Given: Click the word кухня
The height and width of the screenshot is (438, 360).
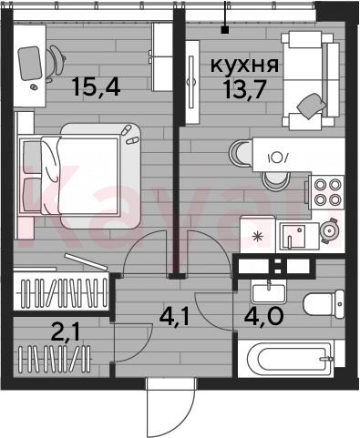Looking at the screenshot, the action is [x=244, y=65].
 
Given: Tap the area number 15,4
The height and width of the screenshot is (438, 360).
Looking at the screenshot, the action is [x=96, y=87].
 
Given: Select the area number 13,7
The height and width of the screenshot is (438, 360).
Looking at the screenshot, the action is [x=244, y=90].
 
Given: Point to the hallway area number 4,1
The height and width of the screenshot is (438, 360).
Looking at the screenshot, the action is [x=174, y=317].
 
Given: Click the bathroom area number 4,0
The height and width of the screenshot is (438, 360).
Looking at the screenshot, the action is [x=263, y=316].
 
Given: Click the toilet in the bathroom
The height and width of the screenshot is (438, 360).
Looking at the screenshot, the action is [x=324, y=304].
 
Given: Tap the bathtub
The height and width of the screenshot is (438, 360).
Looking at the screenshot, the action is [x=290, y=358].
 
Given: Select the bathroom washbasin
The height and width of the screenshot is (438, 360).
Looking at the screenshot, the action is [x=269, y=293].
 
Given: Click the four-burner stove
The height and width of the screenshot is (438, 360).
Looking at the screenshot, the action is [x=326, y=192].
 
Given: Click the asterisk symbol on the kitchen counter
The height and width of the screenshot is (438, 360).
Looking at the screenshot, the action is [x=258, y=236].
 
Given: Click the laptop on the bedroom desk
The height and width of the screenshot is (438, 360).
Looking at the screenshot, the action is [x=29, y=63].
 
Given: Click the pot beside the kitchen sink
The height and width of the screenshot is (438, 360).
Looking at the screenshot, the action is [x=330, y=231].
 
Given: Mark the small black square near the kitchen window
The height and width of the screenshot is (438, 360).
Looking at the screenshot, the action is [x=225, y=30].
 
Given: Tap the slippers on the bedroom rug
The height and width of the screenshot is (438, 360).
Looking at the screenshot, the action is [x=129, y=136].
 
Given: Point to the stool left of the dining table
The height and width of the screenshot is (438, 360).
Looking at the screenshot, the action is [x=240, y=152].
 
